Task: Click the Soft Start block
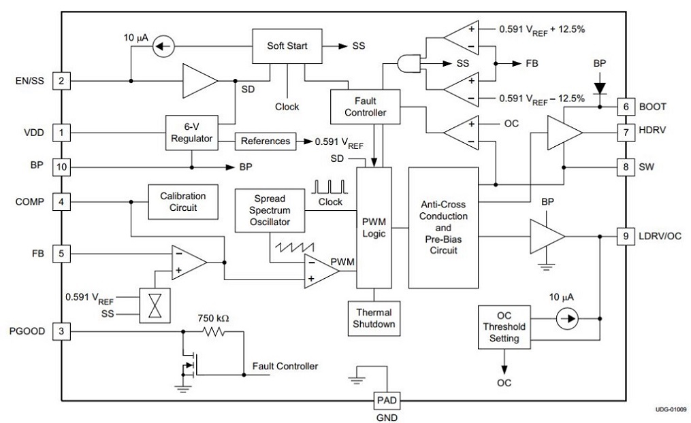287,46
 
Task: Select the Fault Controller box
365,106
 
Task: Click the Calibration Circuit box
182,201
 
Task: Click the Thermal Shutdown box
372,318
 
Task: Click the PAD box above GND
383,401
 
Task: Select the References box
264,141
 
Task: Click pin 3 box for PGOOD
61,331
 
